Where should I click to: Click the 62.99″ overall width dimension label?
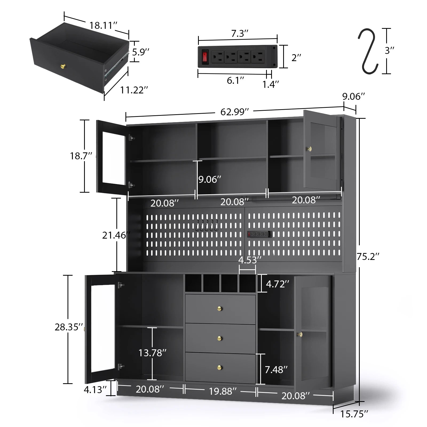[x=234, y=112]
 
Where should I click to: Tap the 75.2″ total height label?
[x=368, y=256]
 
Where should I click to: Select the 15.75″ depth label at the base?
[x=354, y=414]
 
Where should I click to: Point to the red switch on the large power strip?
[x=205, y=56]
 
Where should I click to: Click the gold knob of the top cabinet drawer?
[x=220, y=309]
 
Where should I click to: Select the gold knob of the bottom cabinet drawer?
[x=220, y=368]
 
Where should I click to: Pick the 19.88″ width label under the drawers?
[x=223, y=391]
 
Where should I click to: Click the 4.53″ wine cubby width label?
[x=250, y=260]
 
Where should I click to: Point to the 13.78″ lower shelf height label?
[x=152, y=353]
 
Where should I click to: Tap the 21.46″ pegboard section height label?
[x=116, y=235]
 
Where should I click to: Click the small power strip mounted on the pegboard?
[x=259, y=234]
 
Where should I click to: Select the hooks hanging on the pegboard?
[x=207, y=226]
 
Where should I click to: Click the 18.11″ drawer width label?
[x=103, y=25]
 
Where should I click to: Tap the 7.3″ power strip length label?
[x=239, y=34]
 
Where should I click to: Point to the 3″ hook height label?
[x=389, y=50]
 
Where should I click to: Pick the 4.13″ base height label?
[x=95, y=390]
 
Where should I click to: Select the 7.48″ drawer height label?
[x=276, y=370]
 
